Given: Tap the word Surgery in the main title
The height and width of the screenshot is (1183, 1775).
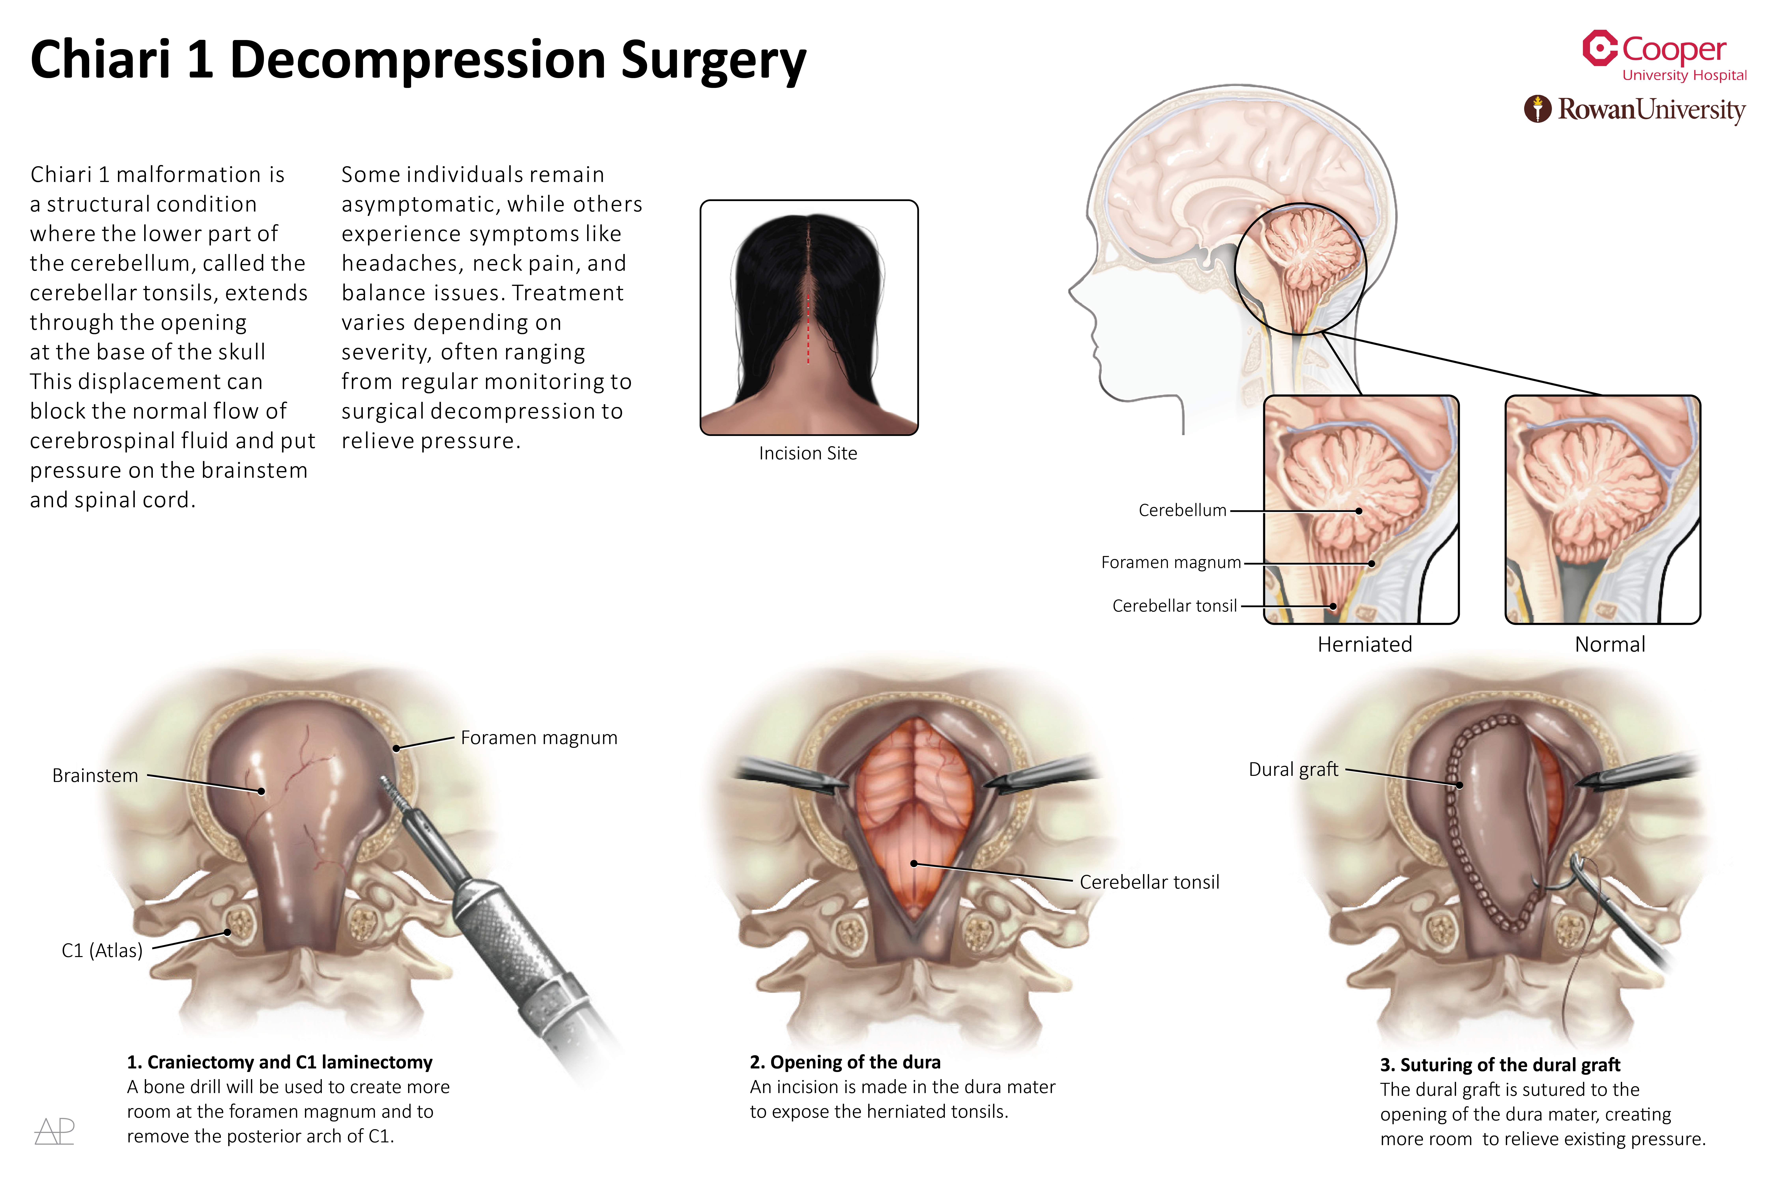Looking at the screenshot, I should click(713, 60).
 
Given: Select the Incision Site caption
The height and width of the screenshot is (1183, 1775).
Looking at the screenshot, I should click(807, 453).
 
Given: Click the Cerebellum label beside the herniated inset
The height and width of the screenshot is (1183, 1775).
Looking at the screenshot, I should click(1182, 511).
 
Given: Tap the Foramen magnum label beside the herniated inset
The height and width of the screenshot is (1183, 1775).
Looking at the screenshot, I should click(1171, 563).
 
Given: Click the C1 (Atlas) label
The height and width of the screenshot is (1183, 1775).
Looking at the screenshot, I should click(102, 951).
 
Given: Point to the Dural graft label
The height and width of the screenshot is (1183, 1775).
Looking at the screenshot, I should click(1293, 770).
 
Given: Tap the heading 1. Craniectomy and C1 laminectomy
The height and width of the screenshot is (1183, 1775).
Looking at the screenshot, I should click(279, 1062).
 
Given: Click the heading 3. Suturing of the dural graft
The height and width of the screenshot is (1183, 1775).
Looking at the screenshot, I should click(1499, 1065).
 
